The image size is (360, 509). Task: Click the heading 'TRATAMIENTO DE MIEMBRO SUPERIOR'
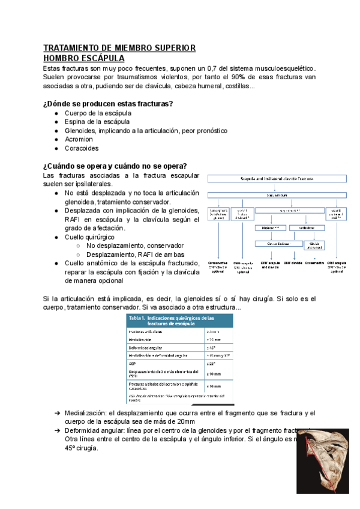pos(119,48)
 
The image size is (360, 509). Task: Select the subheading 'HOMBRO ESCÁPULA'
pos(84,58)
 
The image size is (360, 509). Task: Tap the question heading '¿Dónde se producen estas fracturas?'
pos(108,104)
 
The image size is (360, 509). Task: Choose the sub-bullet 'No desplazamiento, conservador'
pos(134,245)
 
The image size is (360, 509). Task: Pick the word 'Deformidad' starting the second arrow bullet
pos(85,431)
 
